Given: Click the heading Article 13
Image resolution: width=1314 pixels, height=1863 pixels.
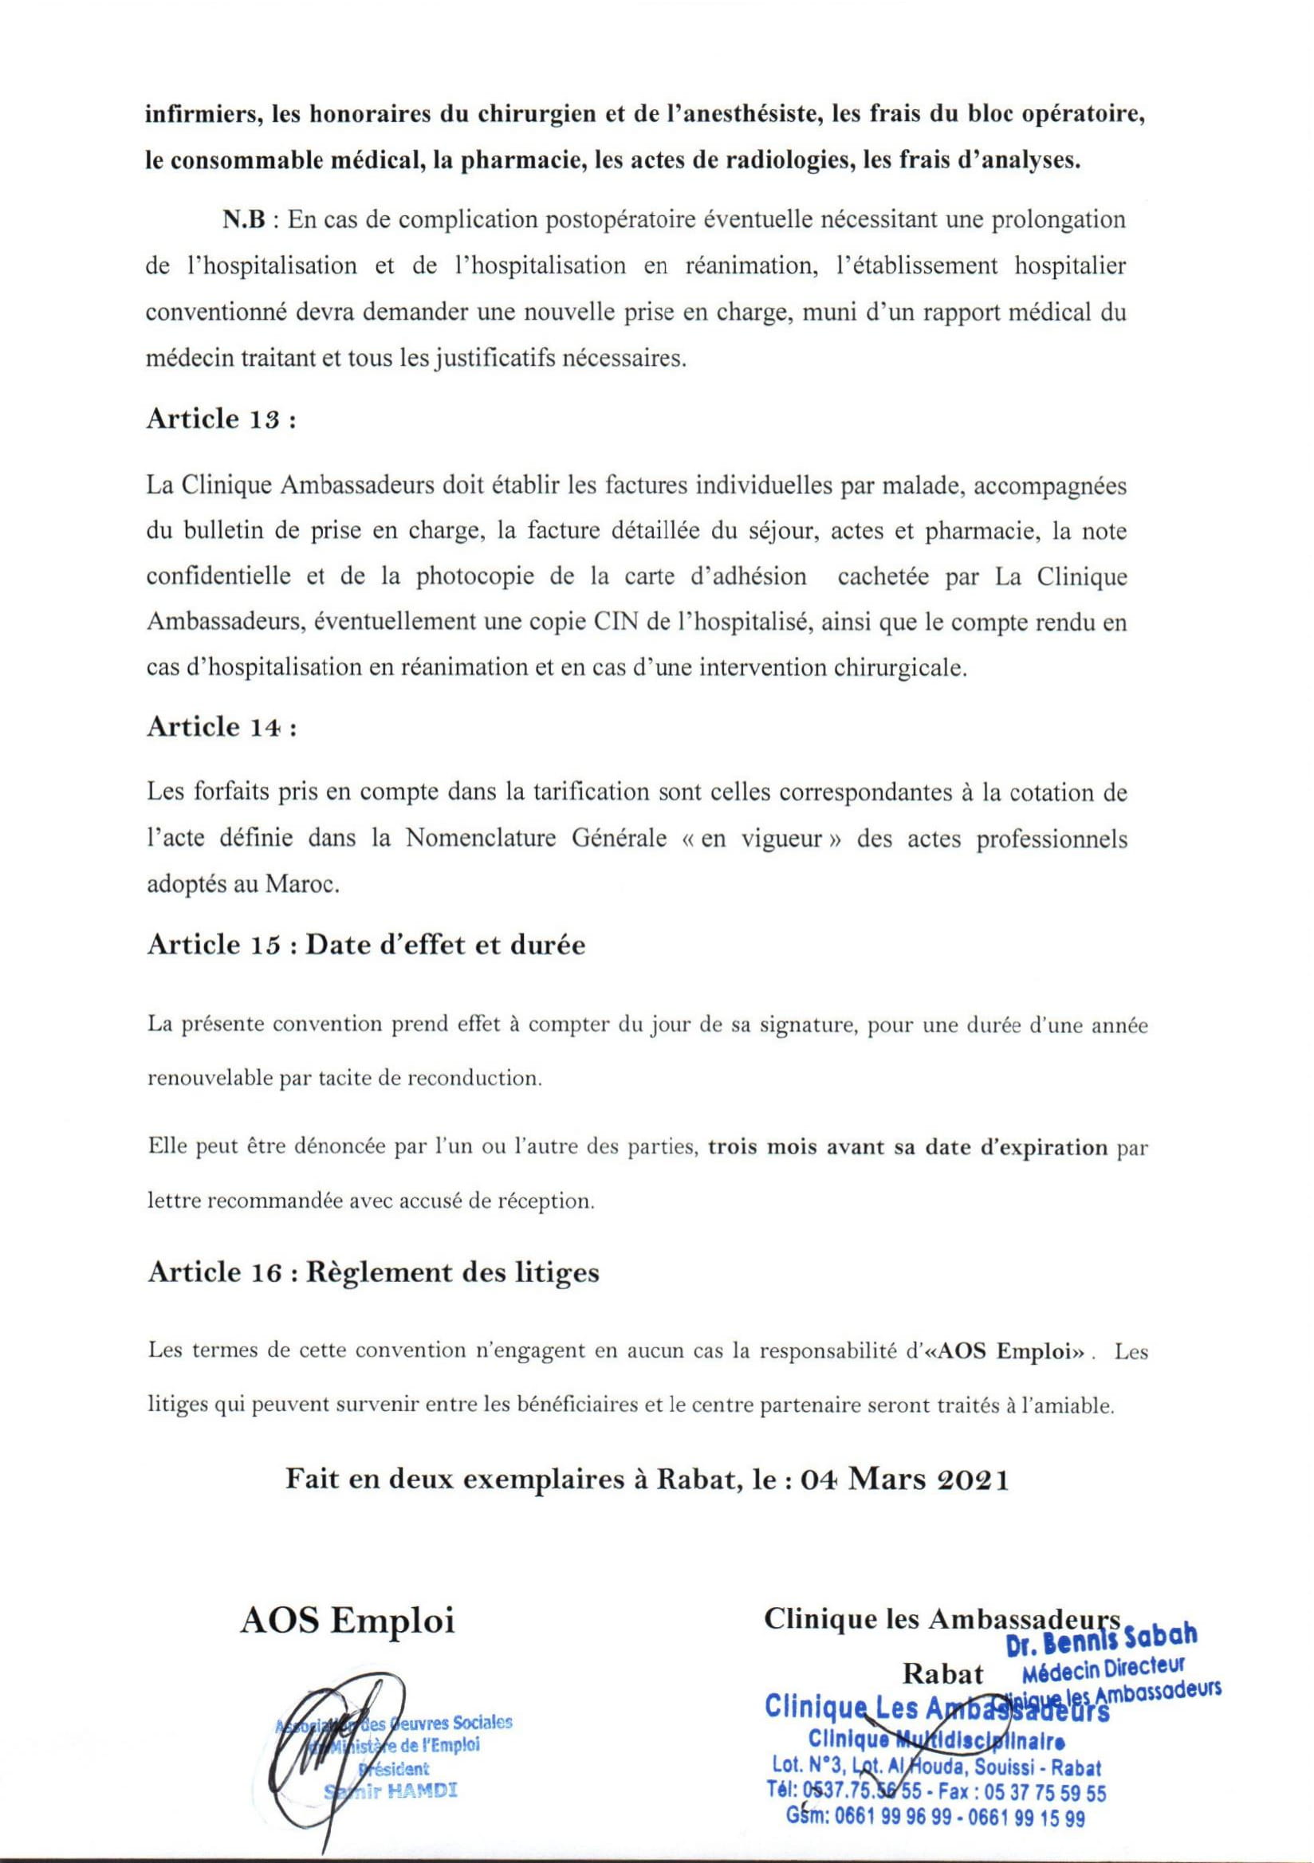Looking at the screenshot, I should [x=220, y=419].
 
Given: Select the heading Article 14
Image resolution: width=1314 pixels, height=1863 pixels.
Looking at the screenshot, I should [x=221, y=727].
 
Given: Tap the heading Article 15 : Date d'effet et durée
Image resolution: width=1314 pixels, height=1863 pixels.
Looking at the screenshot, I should [x=366, y=945].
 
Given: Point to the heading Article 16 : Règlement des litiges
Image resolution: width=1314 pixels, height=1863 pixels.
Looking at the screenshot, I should [x=373, y=1271].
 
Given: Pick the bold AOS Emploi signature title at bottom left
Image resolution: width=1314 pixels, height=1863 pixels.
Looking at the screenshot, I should [x=347, y=1621].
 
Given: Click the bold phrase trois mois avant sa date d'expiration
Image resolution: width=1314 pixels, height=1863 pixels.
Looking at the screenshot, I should [x=907, y=1148].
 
